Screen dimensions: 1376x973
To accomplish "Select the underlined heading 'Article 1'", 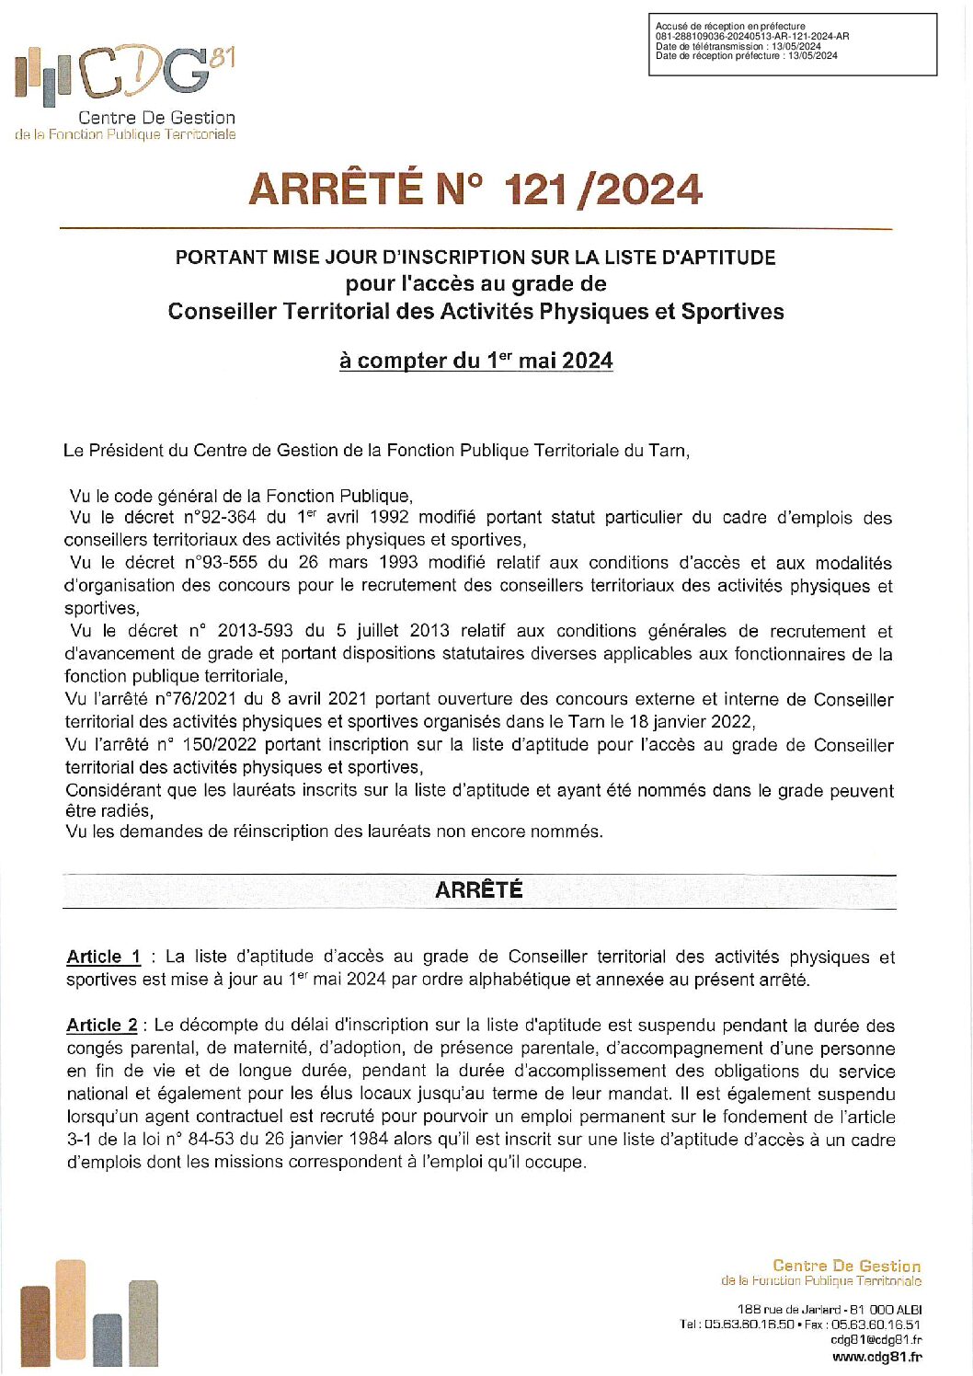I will pyautogui.click(x=103, y=957).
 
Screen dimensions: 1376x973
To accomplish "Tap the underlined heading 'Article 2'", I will pyautogui.click(x=102, y=1025).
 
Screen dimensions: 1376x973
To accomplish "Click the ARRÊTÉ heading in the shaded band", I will pyautogui.click(x=478, y=890).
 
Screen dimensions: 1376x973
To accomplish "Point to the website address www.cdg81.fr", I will pyautogui.click(x=877, y=1357).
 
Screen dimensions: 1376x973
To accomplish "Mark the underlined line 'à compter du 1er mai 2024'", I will pyautogui.click(x=475, y=361).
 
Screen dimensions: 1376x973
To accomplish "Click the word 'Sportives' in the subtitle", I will pyautogui.click(x=732, y=312).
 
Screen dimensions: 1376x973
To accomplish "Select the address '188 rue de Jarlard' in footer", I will pyautogui.click(x=789, y=1310).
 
